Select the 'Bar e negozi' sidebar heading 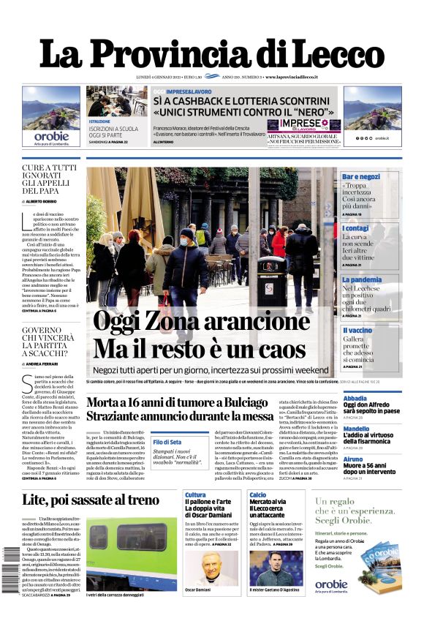(362, 177)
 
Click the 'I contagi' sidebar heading (355, 228)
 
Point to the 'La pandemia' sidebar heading (362, 279)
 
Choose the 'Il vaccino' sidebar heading (357, 331)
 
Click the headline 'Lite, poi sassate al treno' (91, 500)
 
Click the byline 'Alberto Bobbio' (46, 201)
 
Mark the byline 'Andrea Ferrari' (47, 364)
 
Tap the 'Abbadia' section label (355, 399)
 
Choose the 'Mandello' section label (357, 429)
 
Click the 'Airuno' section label (353, 459)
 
